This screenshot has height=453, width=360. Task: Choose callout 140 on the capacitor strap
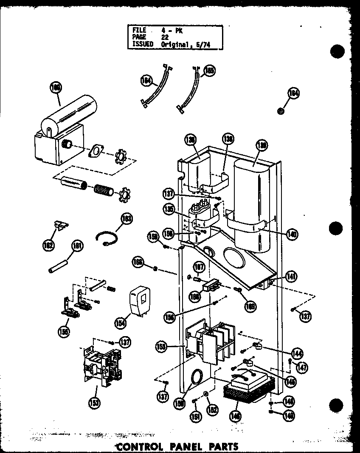[292, 233]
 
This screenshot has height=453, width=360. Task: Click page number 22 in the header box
[165, 37]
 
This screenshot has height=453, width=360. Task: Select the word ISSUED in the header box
[143, 44]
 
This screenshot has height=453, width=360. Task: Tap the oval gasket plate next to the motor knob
[99, 151]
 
